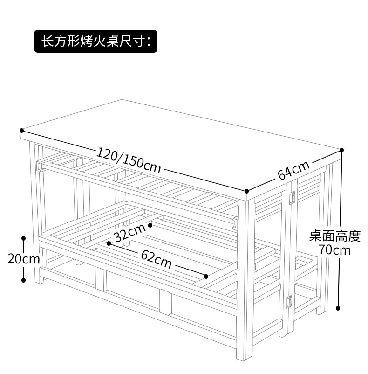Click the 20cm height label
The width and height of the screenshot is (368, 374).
24,258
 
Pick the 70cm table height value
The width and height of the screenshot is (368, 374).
334,250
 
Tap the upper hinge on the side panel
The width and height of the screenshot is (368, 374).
293,197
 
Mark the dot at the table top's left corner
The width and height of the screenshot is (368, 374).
21,131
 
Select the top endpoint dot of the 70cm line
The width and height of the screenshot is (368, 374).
341,150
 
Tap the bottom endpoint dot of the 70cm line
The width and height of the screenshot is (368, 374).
338,308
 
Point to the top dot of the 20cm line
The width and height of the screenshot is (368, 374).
24,238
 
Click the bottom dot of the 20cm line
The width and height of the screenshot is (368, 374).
24,280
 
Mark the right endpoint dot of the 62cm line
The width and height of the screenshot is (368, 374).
206,277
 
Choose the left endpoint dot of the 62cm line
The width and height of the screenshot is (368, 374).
109,243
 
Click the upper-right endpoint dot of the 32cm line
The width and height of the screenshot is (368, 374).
150,225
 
